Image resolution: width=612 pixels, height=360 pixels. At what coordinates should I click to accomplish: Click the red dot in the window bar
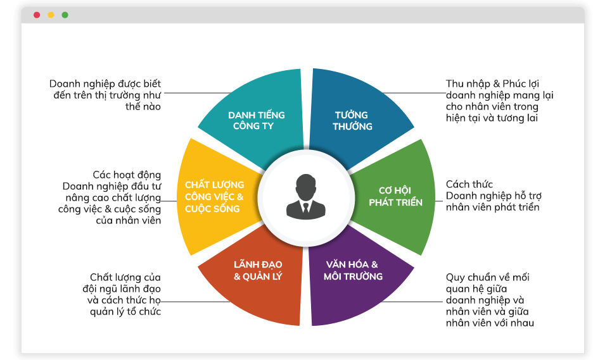(37, 15)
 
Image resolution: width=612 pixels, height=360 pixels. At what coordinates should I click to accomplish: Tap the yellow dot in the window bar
(51, 15)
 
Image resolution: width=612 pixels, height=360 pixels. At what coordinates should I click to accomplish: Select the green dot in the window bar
(65, 15)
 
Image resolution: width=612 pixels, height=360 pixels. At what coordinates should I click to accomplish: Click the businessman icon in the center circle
(306, 197)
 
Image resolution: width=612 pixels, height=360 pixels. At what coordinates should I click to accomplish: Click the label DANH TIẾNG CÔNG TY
(257, 120)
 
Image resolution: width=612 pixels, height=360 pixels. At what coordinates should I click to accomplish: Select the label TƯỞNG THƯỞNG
(353, 120)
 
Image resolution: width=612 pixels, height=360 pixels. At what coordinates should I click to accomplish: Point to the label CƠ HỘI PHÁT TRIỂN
(396, 196)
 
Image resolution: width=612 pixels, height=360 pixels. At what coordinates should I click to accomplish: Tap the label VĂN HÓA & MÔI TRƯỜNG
(353, 270)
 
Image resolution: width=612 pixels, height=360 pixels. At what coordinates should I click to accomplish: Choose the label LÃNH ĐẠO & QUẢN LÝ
(258, 270)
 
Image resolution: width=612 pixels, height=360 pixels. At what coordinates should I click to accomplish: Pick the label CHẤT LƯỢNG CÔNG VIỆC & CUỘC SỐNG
(214, 196)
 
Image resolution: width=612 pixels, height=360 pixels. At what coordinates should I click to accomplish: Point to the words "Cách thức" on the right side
(469, 184)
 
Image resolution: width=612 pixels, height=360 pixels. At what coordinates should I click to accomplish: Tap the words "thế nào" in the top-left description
(143, 107)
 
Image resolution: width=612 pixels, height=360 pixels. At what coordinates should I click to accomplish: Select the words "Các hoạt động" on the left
(127, 175)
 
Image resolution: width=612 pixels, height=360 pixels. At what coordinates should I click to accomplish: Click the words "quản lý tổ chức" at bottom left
(124, 311)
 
